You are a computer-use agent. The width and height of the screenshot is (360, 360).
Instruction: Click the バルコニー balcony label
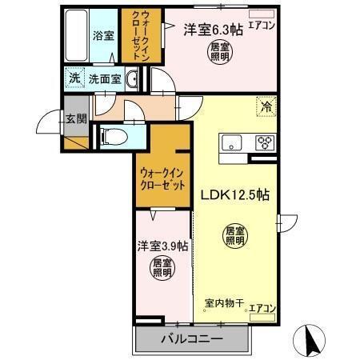pos(190,339)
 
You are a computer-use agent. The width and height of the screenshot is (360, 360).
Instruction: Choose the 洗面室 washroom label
pos(104,79)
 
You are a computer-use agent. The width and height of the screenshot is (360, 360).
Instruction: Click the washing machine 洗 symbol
pos(74,79)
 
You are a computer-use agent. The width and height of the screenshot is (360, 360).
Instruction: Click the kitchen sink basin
pos(232,143)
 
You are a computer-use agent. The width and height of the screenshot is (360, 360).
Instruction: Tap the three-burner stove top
pos(264,143)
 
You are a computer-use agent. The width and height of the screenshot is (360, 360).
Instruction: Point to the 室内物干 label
pos(223,306)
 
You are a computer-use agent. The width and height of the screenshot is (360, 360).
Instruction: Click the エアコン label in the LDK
pos(262,306)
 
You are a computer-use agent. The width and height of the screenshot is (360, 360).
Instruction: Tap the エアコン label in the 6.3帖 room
pos(261,25)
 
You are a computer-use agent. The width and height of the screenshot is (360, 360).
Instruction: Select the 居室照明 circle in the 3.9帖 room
pos(162,269)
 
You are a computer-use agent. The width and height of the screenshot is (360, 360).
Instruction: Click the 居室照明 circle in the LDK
pos(234,236)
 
